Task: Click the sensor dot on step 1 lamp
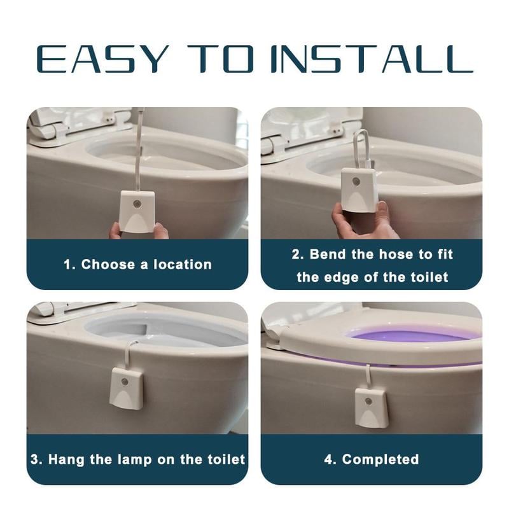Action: [137, 205]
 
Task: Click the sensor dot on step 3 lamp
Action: [125, 382]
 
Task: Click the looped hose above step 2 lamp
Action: [360, 148]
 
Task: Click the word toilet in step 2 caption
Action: [428, 277]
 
